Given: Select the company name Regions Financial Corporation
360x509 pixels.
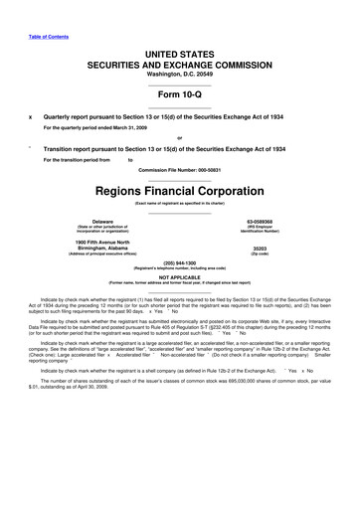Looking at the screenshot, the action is pos(179,190).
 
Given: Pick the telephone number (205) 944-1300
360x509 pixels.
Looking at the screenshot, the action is pos(179,264).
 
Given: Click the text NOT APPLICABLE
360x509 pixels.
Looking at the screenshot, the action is pos(179,279).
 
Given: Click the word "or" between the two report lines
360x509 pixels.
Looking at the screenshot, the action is pos(179,138).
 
